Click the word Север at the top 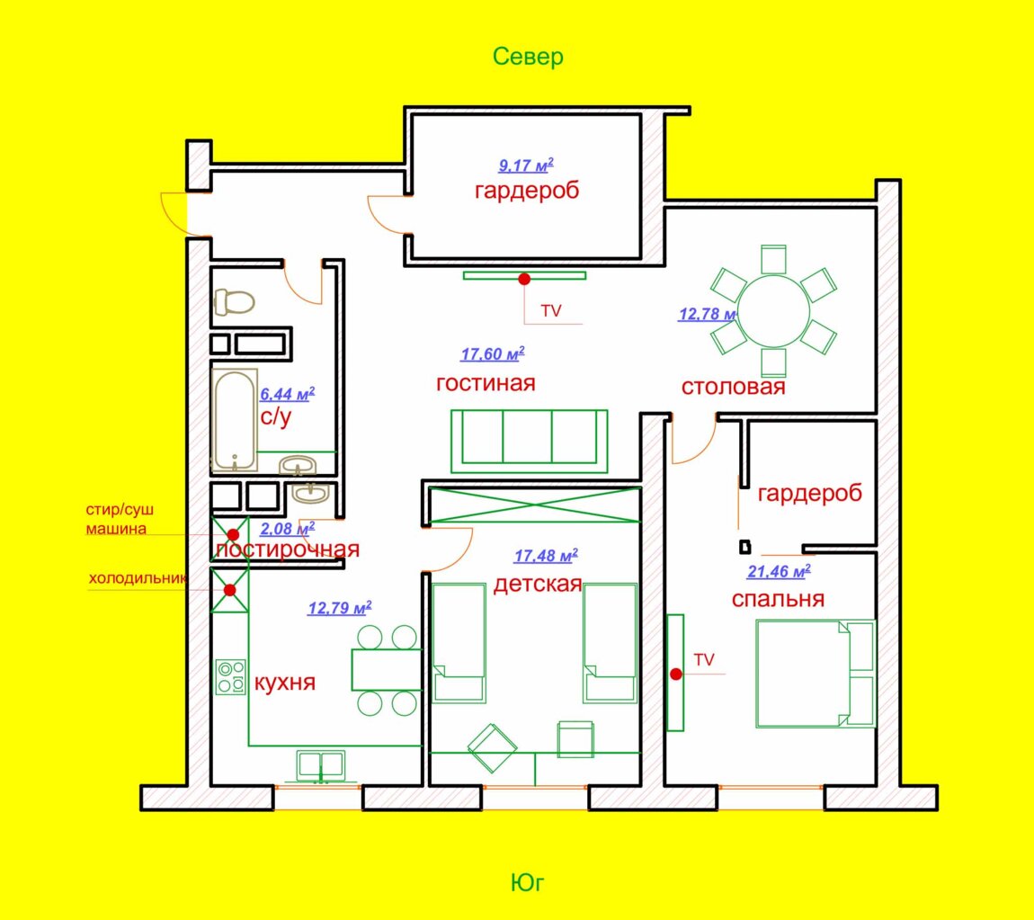(x=528, y=57)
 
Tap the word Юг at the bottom (x=528, y=882)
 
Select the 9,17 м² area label (x=526, y=165)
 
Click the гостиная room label (x=486, y=383)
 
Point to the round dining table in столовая (x=773, y=310)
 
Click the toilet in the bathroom (x=234, y=302)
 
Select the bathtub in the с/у (x=235, y=420)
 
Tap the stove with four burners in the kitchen (x=231, y=676)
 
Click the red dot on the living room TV (x=524, y=279)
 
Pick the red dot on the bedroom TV (x=676, y=674)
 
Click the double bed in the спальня (x=816, y=674)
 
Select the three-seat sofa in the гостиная (x=529, y=442)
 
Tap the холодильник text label (x=138, y=579)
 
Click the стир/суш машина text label (x=120, y=519)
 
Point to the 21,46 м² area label (x=779, y=571)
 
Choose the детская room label (x=538, y=585)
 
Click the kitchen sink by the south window (x=320, y=765)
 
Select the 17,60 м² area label (x=493, y=354)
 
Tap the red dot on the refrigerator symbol (x=229, y=590)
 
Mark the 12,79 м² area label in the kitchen (x=340, y=608)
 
